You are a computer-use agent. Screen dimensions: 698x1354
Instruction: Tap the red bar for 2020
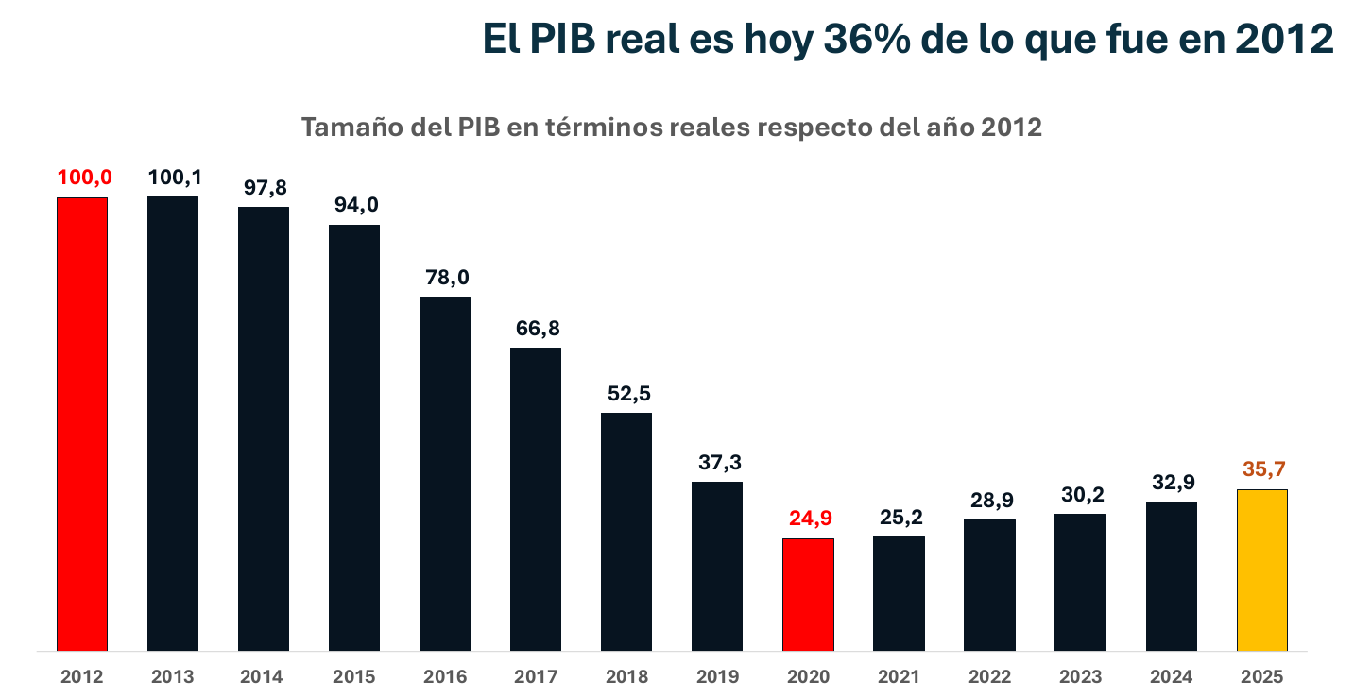point(808,594)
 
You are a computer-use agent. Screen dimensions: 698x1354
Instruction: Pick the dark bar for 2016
point(445,473)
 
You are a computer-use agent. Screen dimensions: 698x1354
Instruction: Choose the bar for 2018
point(626,531)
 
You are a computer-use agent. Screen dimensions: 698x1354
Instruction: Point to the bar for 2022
point(989,585)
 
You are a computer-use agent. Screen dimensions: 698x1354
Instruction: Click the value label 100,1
point(173,179)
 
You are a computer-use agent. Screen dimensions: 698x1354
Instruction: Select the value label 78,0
point(445,279)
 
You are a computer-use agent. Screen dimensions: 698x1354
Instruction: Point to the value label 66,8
point(536,330)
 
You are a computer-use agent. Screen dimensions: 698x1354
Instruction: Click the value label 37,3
point(717,463)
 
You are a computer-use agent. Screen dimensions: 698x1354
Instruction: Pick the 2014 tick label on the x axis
point(263,677)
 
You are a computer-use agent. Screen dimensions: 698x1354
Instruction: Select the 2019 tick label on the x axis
point(717,677)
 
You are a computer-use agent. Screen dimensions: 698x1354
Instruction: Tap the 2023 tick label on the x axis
point(1080,677)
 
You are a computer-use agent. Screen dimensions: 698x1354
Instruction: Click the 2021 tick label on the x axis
point(899,677)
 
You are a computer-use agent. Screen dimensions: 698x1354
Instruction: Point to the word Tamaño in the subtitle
point(351,128)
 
